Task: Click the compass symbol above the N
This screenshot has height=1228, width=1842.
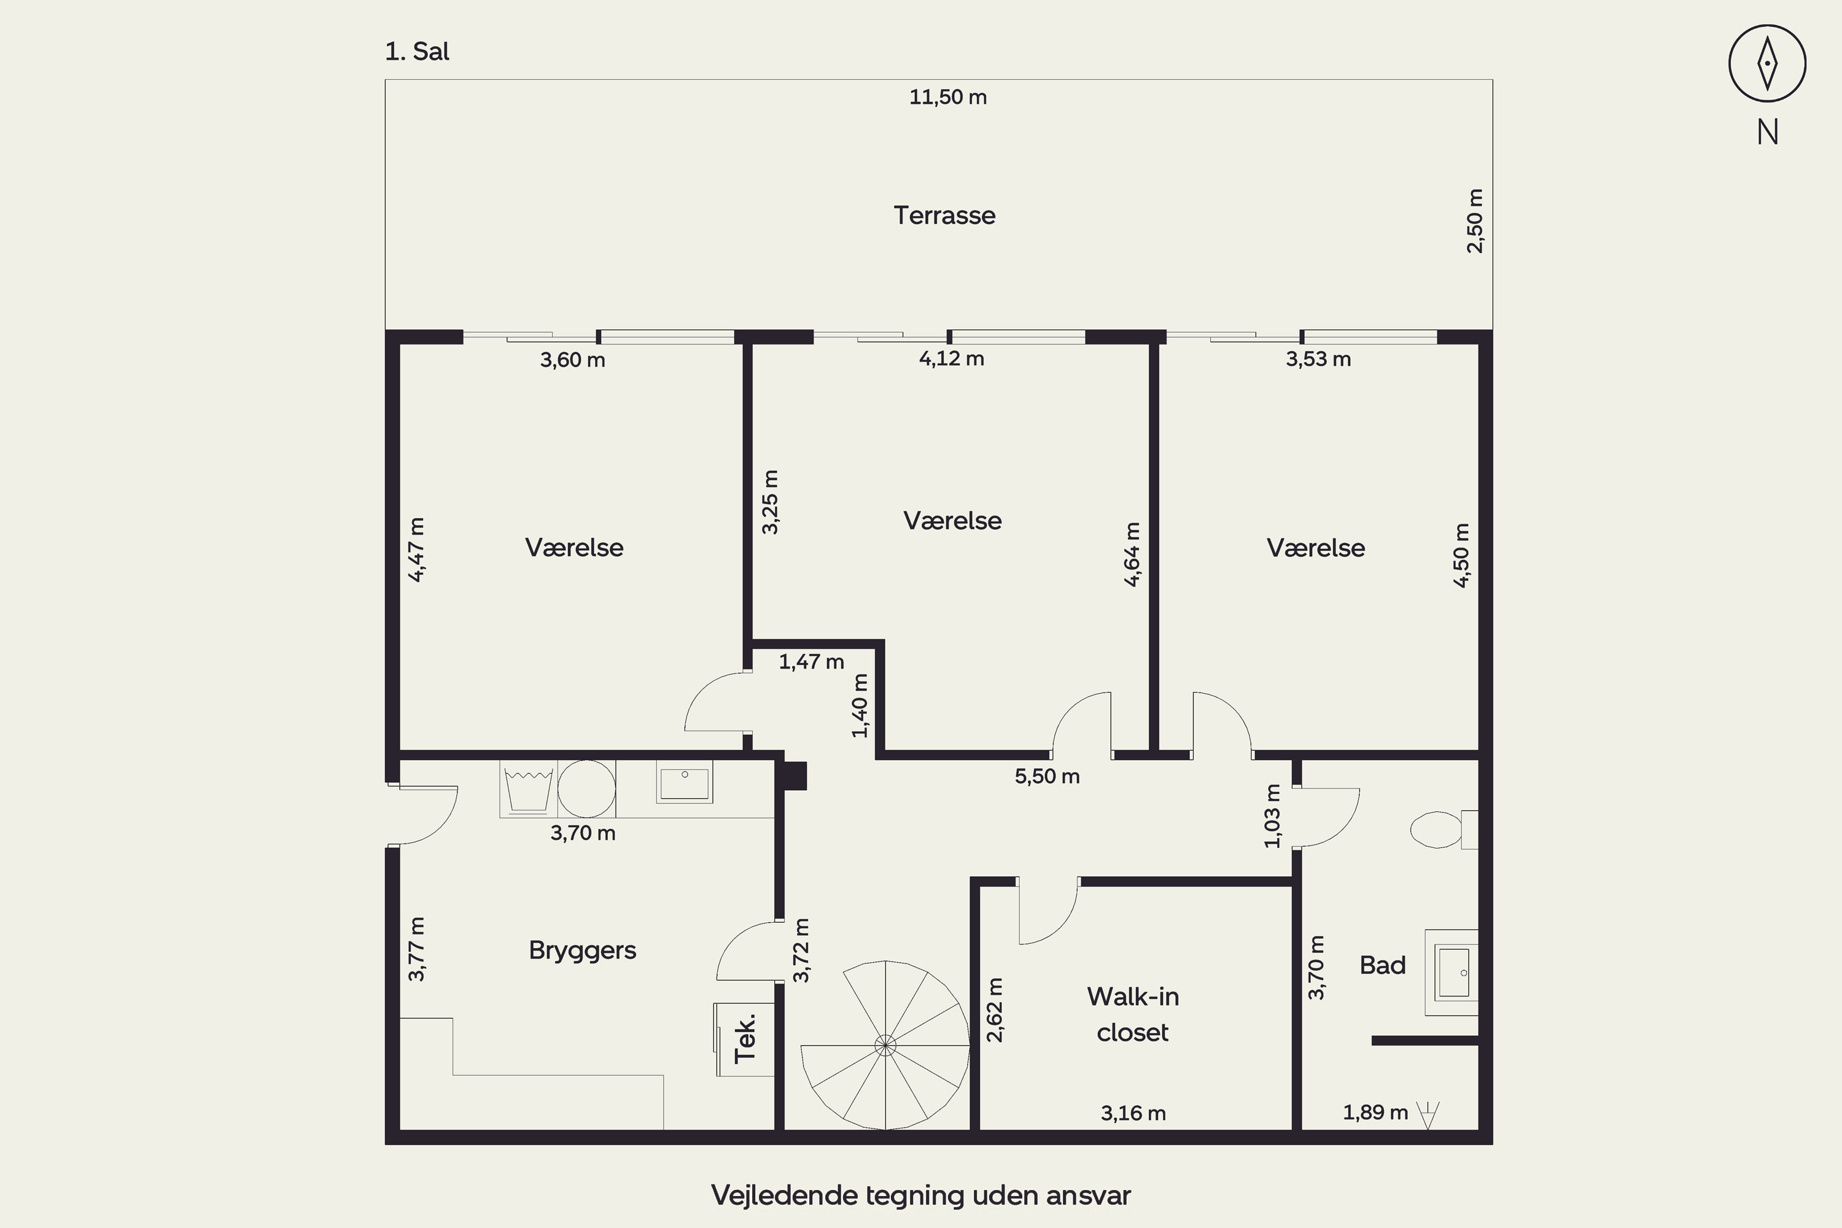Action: click(1767, 63)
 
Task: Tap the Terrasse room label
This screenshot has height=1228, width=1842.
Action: click(944, 216)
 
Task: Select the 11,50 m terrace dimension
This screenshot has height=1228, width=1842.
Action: click(947, 97)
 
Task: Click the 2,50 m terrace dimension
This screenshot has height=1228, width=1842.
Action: click(1475, 221)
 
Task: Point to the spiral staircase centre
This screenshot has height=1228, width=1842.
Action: click(885, 1045)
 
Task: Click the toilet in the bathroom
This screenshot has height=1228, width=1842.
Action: click(1444, 830)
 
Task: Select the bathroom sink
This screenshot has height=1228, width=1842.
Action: click(1453, 973)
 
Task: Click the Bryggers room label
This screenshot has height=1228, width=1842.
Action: click(582, 950)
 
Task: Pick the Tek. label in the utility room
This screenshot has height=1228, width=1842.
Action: click(745, 1038)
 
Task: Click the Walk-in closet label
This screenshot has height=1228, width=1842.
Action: click(1132, 1014)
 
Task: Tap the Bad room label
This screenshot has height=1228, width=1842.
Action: click(1382, 965)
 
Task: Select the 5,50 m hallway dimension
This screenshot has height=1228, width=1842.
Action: click(1047, 776)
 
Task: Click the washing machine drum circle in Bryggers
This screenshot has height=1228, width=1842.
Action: click(586, 788)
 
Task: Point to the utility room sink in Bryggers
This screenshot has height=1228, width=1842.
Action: click(685, 782)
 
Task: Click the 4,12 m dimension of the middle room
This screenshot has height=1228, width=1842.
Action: click(952, 359)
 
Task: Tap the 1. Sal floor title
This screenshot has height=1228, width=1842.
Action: click(418, 52)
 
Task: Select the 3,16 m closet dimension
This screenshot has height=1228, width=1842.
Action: click(1133, 1113)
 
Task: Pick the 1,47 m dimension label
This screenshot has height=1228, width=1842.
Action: click(811, 662)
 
